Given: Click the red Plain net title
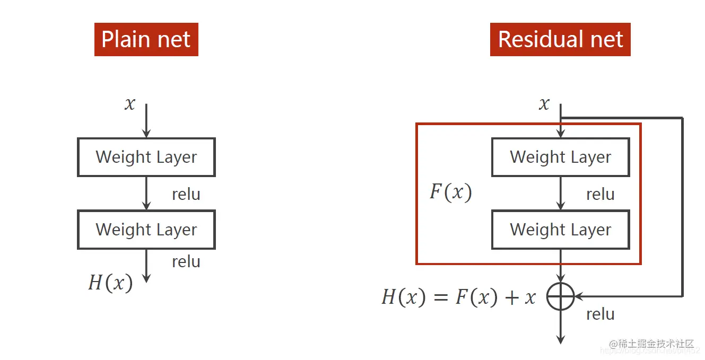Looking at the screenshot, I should pos(146,40).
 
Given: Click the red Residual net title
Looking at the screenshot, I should pos(560,40).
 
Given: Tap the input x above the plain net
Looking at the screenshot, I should pos(130,103).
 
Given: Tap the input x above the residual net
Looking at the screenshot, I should pos(544,103).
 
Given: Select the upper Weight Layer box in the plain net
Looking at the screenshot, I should pos(146,157).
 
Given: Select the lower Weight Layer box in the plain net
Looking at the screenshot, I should pos(146,230).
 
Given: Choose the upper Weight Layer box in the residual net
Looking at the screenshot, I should pos(560,157).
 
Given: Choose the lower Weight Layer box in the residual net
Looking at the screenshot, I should pos(560,230).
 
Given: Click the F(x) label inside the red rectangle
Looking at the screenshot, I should pos(450,192).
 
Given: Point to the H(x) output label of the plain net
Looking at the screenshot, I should pos(110,283).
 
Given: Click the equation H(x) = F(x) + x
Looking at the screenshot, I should pos(459,297).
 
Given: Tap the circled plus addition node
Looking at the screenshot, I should pos(560,296).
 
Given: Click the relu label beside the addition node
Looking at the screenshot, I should pos(600,314).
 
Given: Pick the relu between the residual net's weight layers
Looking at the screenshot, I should pos(600,194).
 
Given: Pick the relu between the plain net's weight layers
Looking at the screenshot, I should pos(186,194).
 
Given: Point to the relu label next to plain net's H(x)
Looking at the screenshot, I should pos(186,261).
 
